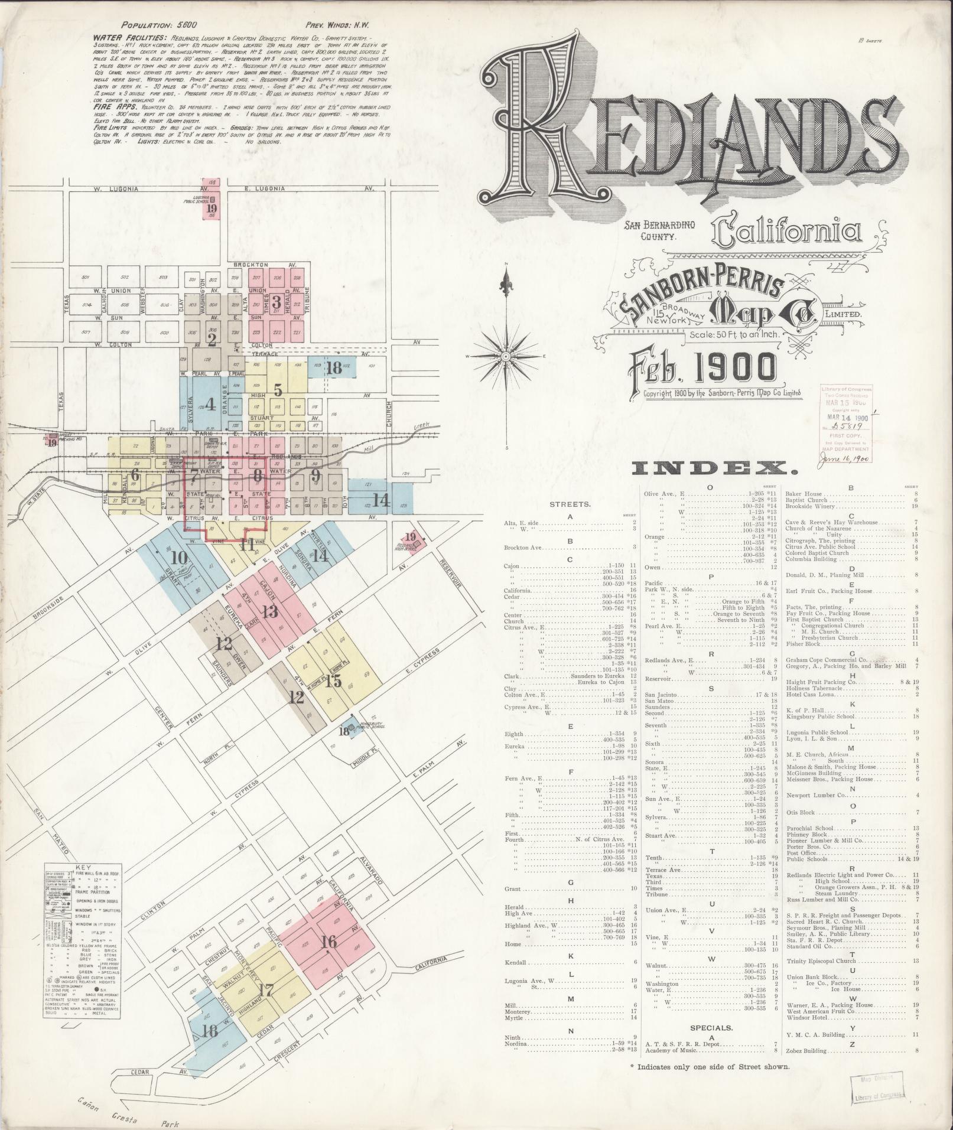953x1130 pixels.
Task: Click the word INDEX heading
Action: point(714,469)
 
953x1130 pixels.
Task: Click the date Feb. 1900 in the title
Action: point(703,368)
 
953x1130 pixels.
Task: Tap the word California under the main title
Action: point(786,232)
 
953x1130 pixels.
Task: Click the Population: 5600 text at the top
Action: point(155,26)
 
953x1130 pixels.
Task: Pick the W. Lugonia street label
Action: point(117,188)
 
